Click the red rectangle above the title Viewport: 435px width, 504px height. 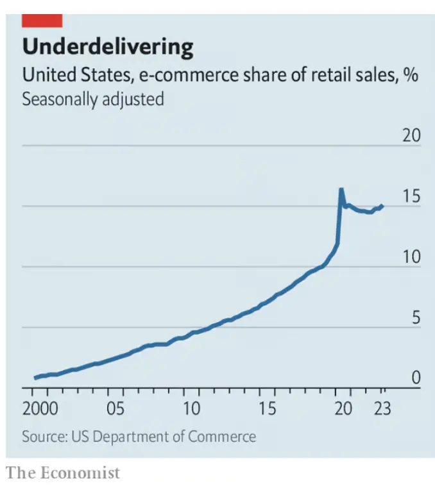click(x=42, y=21)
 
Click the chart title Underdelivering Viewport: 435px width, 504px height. click(x=108, y=47)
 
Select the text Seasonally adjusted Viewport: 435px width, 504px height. click(x=93, y=99)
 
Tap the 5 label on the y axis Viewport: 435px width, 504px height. click(x=415, y=318)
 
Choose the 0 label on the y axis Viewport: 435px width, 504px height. click(x=415, y=378)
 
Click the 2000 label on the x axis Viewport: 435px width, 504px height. click(x=40, y=408)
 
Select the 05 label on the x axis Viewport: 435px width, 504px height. click(x=115, y=408)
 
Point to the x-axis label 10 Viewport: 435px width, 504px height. click(x=192, y=408)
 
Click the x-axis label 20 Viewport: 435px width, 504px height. click(x=344, y=408)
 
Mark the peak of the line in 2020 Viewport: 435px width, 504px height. click(x=341, y=189)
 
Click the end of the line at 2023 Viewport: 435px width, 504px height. click(x=382, y=206)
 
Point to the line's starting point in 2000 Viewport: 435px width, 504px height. click(x=35, y=378)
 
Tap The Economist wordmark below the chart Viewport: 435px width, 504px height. click(x=63, y=473)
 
